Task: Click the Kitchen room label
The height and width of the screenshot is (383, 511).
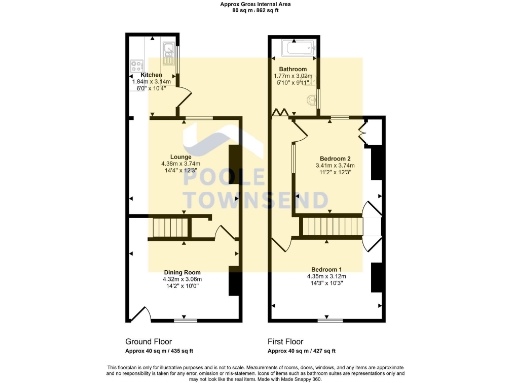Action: [x=151, y=75]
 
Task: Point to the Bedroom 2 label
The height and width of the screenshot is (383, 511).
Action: [x=334, y=159]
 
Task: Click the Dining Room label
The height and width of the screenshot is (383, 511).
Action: [x=183, y=272]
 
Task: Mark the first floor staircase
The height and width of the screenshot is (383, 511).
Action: [x=314, y=231]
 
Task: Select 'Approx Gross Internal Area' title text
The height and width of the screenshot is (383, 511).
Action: [x=255, y=4]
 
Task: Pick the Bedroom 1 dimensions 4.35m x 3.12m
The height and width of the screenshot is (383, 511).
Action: [x=329, y=278]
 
